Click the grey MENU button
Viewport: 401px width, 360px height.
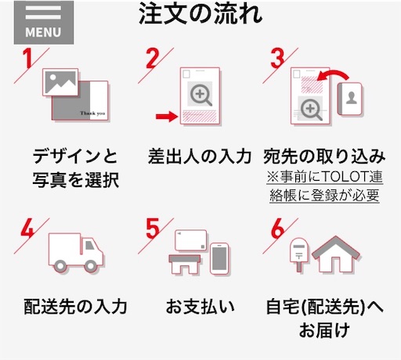point(44,23)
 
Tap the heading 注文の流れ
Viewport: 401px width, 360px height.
point(200,13)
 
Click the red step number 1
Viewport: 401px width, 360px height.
point(27,58)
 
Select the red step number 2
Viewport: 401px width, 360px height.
point(152,58)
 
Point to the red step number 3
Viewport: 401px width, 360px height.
point(277,58)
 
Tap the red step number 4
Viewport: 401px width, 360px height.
point(27,228)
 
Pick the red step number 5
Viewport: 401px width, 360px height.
point(152,229)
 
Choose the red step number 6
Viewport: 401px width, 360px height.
point(277,229)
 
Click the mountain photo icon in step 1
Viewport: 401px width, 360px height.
point(60,82)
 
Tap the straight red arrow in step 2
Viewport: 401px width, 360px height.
point(167,116)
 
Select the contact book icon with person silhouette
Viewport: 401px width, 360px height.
point(349,99)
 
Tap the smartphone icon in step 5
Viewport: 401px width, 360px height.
point(219,258)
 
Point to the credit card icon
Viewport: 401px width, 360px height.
point(191,240)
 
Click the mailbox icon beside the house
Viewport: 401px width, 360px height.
point(299,254)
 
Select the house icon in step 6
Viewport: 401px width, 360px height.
point(336,254)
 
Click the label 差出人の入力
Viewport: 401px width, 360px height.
point(200,157)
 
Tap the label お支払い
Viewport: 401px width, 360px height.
point(200,306)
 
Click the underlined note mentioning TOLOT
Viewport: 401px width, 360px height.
point(324,185)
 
